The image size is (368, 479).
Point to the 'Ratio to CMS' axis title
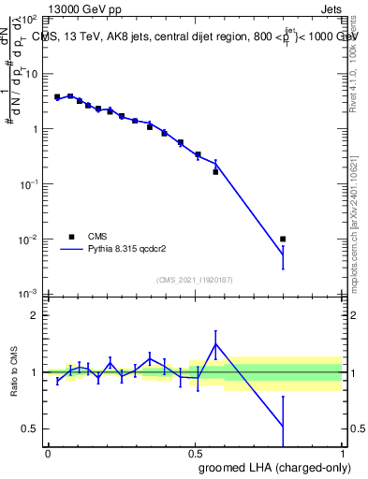(x=13, y=371)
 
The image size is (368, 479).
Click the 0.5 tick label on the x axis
(x=195, y=452)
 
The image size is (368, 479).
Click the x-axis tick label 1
(x=342, y=452)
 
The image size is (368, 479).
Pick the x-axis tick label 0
(x=48, y=452)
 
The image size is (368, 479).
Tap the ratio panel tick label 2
(x=35, y=316)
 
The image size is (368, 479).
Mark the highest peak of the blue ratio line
(x=215, y=344)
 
